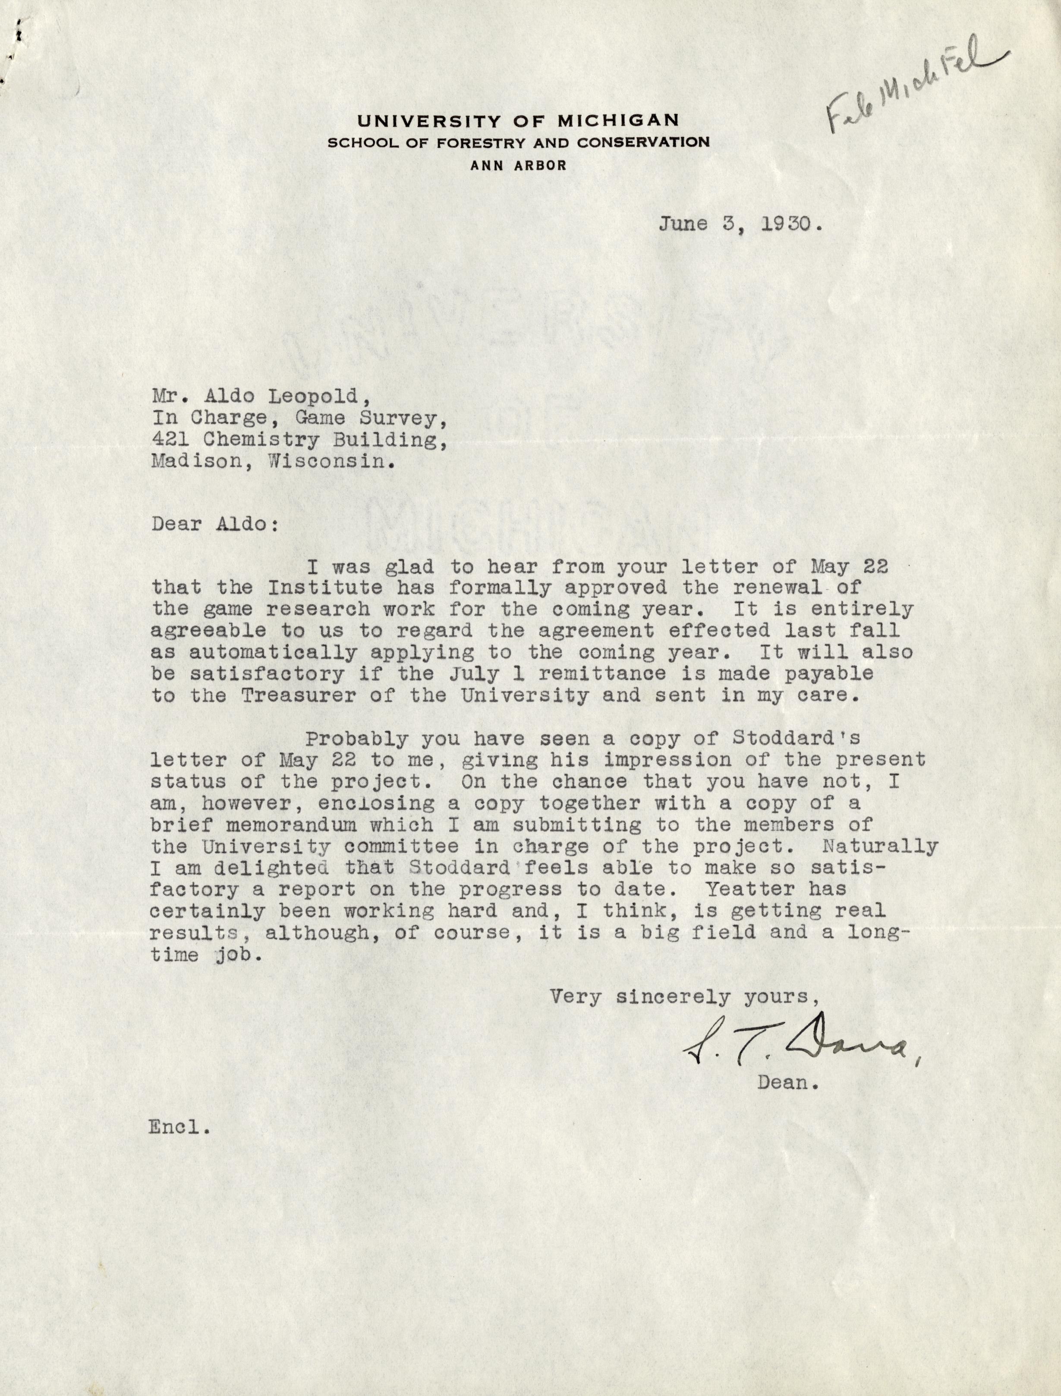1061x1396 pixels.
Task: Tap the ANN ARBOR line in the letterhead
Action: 517,166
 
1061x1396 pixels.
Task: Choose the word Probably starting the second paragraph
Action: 357,739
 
